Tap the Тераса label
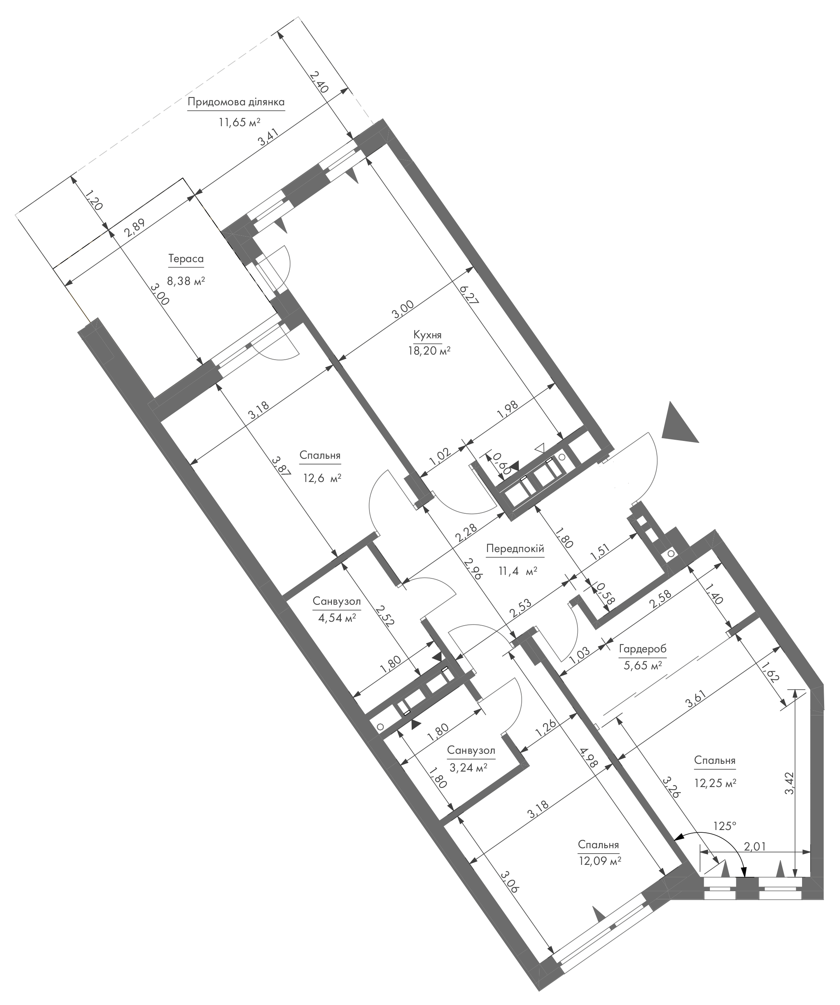coord(186,259)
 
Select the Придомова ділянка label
coord(236,102)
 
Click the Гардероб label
coord(642,650)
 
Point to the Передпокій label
coord(515,549)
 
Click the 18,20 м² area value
coord(428,351)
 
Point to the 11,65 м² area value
coord(239,122)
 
